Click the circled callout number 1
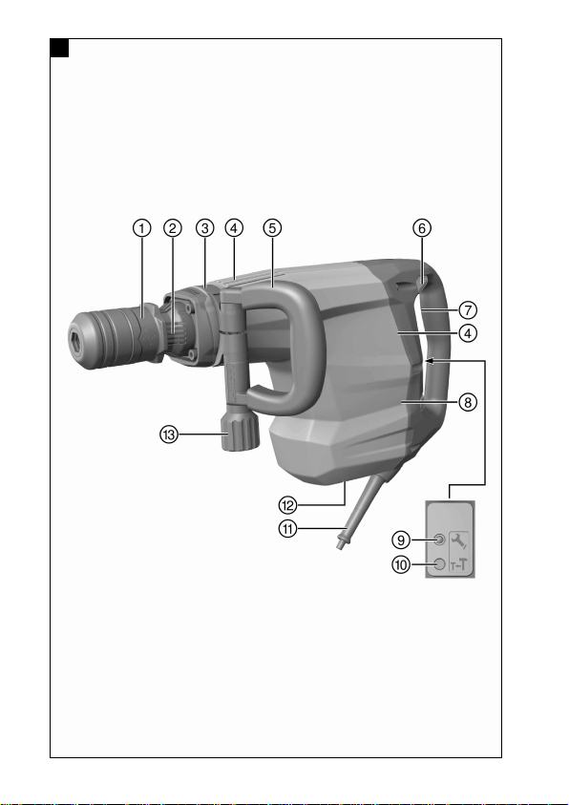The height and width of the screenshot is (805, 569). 142,228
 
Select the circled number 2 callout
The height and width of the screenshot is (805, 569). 173,228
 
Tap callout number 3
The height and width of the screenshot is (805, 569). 204,228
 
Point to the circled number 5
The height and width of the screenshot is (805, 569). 272,228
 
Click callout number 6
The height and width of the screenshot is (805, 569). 422,228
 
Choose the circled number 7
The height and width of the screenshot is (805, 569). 468,310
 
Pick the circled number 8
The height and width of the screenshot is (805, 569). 468,402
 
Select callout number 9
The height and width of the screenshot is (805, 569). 401,540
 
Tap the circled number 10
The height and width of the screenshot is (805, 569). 401,564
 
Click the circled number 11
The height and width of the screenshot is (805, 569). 288,528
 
